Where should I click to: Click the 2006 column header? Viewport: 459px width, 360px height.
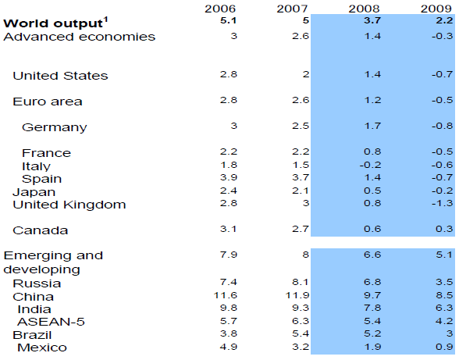pyautogui.click(x=220, y=9)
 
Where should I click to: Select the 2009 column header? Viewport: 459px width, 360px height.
pyautogui.click(x=436, y=9)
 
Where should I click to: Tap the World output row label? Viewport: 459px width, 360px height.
pyautogui.click(x=53, y=23)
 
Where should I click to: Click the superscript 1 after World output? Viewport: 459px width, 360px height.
pyautogui.click(x=105, y=20)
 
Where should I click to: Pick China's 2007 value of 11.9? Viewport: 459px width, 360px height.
pyautogui.click(x=297, y=295)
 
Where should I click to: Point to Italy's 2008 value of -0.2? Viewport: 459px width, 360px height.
pyautogui.click(x=370, y=165)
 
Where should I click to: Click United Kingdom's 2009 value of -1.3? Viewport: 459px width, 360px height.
pyautogui.click(x=443, y=203)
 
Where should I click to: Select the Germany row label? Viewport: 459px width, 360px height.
pyautogui.click(x=55, y=128)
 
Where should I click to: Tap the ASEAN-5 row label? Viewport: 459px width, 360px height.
pyautogui.click(x=52, y=322)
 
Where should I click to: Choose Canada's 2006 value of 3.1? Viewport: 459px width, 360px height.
pyautogui.click(x=228, y=229)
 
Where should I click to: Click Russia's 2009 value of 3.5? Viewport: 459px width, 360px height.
pyautogui.click(x=444, y=282)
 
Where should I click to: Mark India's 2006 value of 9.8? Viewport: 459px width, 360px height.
pyautogui.click(x=228, y=308)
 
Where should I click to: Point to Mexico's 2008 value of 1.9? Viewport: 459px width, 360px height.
pyautogui.click(x=372, y=347)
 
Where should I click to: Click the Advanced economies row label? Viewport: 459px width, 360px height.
pyautogui.click(x=80, y=37)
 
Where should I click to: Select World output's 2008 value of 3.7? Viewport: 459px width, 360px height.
pyautogui.click(x=372, y=20)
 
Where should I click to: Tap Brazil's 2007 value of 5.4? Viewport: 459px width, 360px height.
pyautogui.click(x=301, y=333)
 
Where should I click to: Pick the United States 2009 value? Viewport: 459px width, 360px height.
pyautogui.click(x=443, y=74)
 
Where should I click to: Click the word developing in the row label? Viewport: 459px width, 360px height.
pyautogui.click(x=41, y=269)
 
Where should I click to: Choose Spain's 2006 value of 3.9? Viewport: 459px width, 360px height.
pyautogui.click(x=228, y=177)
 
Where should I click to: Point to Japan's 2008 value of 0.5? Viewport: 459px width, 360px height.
pyautogui.click(x=372, y=191)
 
